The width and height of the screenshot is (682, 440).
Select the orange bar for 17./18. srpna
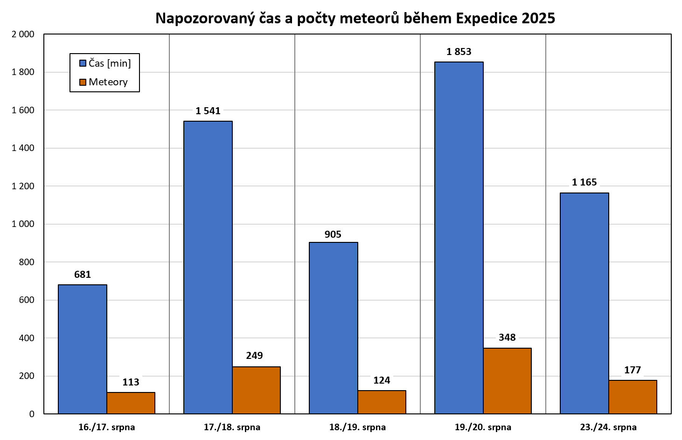point(256,390)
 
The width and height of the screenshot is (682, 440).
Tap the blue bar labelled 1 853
point(459,238)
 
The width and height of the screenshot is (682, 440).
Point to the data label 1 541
point(208,111)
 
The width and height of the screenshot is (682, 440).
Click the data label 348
point(507,337)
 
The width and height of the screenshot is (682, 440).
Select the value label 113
point(131,382)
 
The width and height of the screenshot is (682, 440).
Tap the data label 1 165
point(585,182)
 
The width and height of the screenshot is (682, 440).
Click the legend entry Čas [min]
point(105,63)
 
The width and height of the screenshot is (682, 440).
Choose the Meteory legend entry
point(104,82)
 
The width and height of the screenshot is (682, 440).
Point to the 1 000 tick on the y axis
point(23,224)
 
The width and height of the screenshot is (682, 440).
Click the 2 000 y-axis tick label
point(23,34)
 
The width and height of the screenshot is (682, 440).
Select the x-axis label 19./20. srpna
point(483,427)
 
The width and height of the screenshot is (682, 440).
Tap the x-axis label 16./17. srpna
point(107,427)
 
